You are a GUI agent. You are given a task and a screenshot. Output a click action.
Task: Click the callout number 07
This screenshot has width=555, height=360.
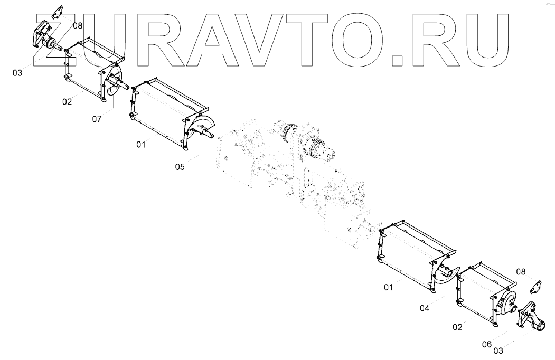[x=97, y=119]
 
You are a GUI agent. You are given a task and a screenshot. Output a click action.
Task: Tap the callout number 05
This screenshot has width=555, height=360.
[x=181, y=167]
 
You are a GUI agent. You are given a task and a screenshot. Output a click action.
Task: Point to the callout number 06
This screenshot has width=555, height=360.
[x=486, y=344]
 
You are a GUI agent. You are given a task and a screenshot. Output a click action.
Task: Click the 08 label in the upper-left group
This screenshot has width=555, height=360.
[x=78, y=25]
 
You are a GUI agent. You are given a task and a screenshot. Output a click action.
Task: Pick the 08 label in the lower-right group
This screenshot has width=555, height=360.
[x=521, y=272]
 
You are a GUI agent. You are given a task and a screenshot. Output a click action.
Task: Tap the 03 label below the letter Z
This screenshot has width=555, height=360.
[x=17, y=73]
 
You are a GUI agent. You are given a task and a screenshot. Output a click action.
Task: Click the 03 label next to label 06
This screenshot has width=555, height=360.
[x=498, y=349]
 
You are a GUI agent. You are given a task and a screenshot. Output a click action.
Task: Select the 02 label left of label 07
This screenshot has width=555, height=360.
[x=67, y=102]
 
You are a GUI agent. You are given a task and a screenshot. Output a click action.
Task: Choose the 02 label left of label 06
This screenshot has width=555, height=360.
[x=457, y=327]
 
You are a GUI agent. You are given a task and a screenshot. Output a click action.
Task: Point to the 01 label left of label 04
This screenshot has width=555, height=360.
[x=389, y=287]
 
